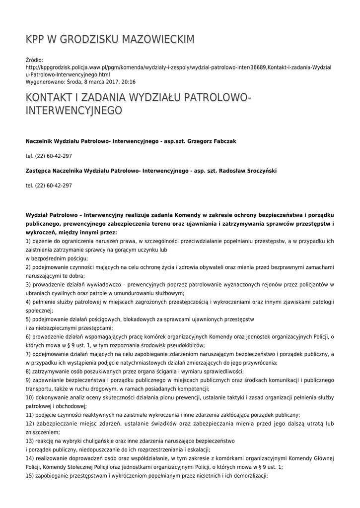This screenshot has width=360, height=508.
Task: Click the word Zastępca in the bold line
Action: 39,171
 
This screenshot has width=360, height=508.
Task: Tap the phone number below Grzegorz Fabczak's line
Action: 49,156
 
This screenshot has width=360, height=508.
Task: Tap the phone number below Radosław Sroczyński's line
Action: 49,186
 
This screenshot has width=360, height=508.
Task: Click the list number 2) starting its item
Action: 28,267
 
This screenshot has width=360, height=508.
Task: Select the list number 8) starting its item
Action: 28,371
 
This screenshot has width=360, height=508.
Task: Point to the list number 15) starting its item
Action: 30,475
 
